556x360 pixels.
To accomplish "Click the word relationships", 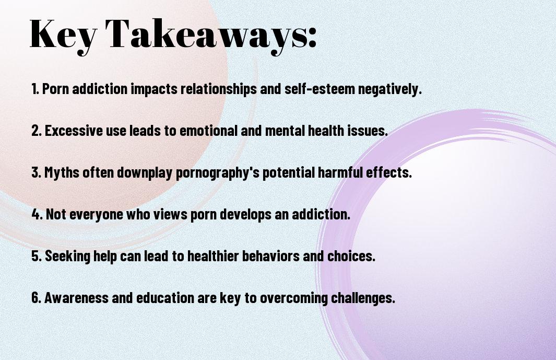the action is [x=218, y=89].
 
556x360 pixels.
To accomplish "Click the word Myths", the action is [x=62, y=172].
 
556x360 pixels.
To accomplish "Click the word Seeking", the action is [x=68, y=257].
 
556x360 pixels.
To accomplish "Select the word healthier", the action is [x=213, y=256].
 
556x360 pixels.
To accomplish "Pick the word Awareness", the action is [x=76, y=298].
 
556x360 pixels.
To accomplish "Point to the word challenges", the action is [x=363, y=298].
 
